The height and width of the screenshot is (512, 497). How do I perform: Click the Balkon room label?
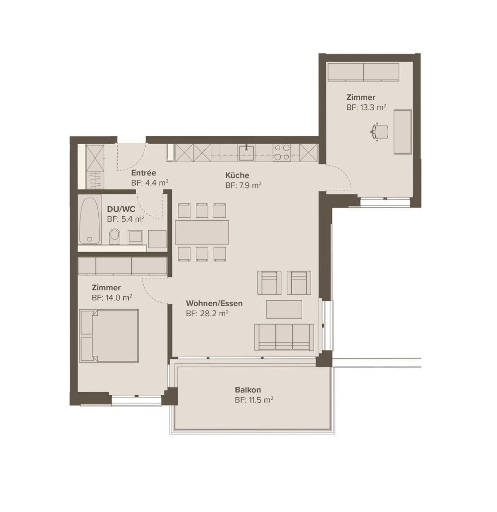point(248,390)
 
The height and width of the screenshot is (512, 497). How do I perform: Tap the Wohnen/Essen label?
point(214,303)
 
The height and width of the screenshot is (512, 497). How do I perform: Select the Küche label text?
point(237,175)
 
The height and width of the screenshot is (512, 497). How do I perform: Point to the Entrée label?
point(144,173)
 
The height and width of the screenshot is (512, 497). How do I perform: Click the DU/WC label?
point(121,209)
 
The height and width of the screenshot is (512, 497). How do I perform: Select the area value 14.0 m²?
point(112,297)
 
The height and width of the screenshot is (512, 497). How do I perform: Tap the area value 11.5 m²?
point(254,400)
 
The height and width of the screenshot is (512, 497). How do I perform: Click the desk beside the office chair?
point(403,132)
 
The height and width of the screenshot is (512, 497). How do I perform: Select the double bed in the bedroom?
point(109,336)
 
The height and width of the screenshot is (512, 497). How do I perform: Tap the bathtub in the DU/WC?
point(90,221)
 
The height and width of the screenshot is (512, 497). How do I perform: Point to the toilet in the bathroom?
point(114,236)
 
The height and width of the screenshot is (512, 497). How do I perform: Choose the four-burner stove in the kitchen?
point(282,153)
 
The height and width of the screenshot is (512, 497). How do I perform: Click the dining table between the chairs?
point(202,232)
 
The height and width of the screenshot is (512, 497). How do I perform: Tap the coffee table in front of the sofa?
point(284,309)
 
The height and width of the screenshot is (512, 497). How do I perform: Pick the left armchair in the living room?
point(269,282)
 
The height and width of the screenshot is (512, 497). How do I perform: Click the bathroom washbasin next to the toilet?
point(136,236)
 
